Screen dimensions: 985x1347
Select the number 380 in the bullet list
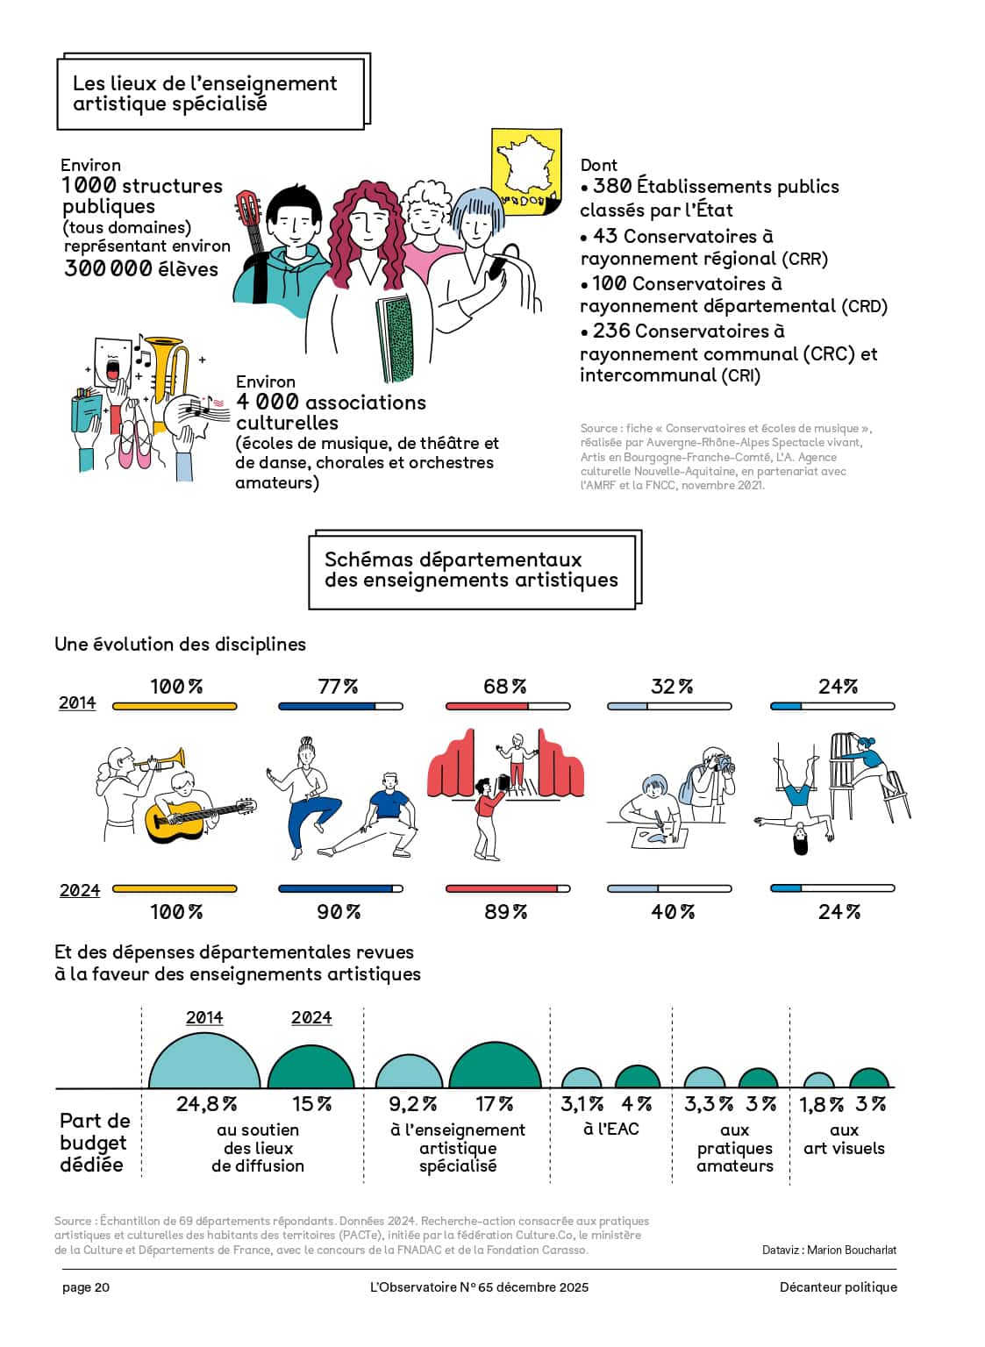(x=612, y=187)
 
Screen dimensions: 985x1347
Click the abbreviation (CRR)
(x=804, y=260)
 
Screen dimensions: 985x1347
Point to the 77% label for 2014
(x=338, y=686)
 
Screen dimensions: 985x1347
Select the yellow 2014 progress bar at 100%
(x=175, y=706)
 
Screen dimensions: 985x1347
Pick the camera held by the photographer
(x=724, y=764)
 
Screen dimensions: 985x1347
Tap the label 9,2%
(x=412, y=1104)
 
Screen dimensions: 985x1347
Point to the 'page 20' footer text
(x=86, y=1286)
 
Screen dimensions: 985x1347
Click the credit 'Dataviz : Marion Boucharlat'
(x=829, y=1250)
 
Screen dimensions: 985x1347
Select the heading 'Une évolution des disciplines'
(x=181, y=644)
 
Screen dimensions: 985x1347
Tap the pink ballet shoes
(x=135, y=444)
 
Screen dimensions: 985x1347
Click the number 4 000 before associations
(x=267, y=402)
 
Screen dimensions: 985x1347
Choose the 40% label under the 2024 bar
(x=672, y=912)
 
